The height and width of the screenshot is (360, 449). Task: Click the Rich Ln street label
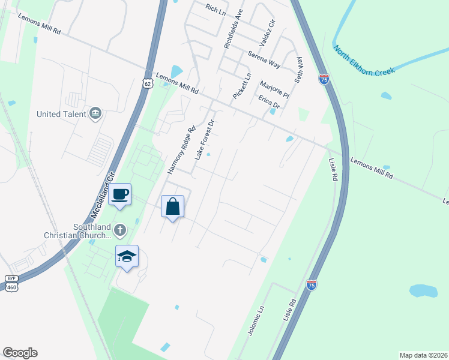[214, 8]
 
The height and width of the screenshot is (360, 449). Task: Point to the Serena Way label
[264, 59]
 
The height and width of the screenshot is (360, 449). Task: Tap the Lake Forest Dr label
[204, 140]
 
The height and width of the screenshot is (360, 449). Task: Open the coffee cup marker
[120, 194]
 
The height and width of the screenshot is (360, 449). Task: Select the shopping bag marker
[172, 206]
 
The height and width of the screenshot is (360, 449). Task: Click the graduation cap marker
[127, 256]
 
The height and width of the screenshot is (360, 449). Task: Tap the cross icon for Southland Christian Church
[121, 229]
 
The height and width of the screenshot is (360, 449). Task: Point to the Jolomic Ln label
[256, 320]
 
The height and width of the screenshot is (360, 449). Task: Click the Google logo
[20, 353]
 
